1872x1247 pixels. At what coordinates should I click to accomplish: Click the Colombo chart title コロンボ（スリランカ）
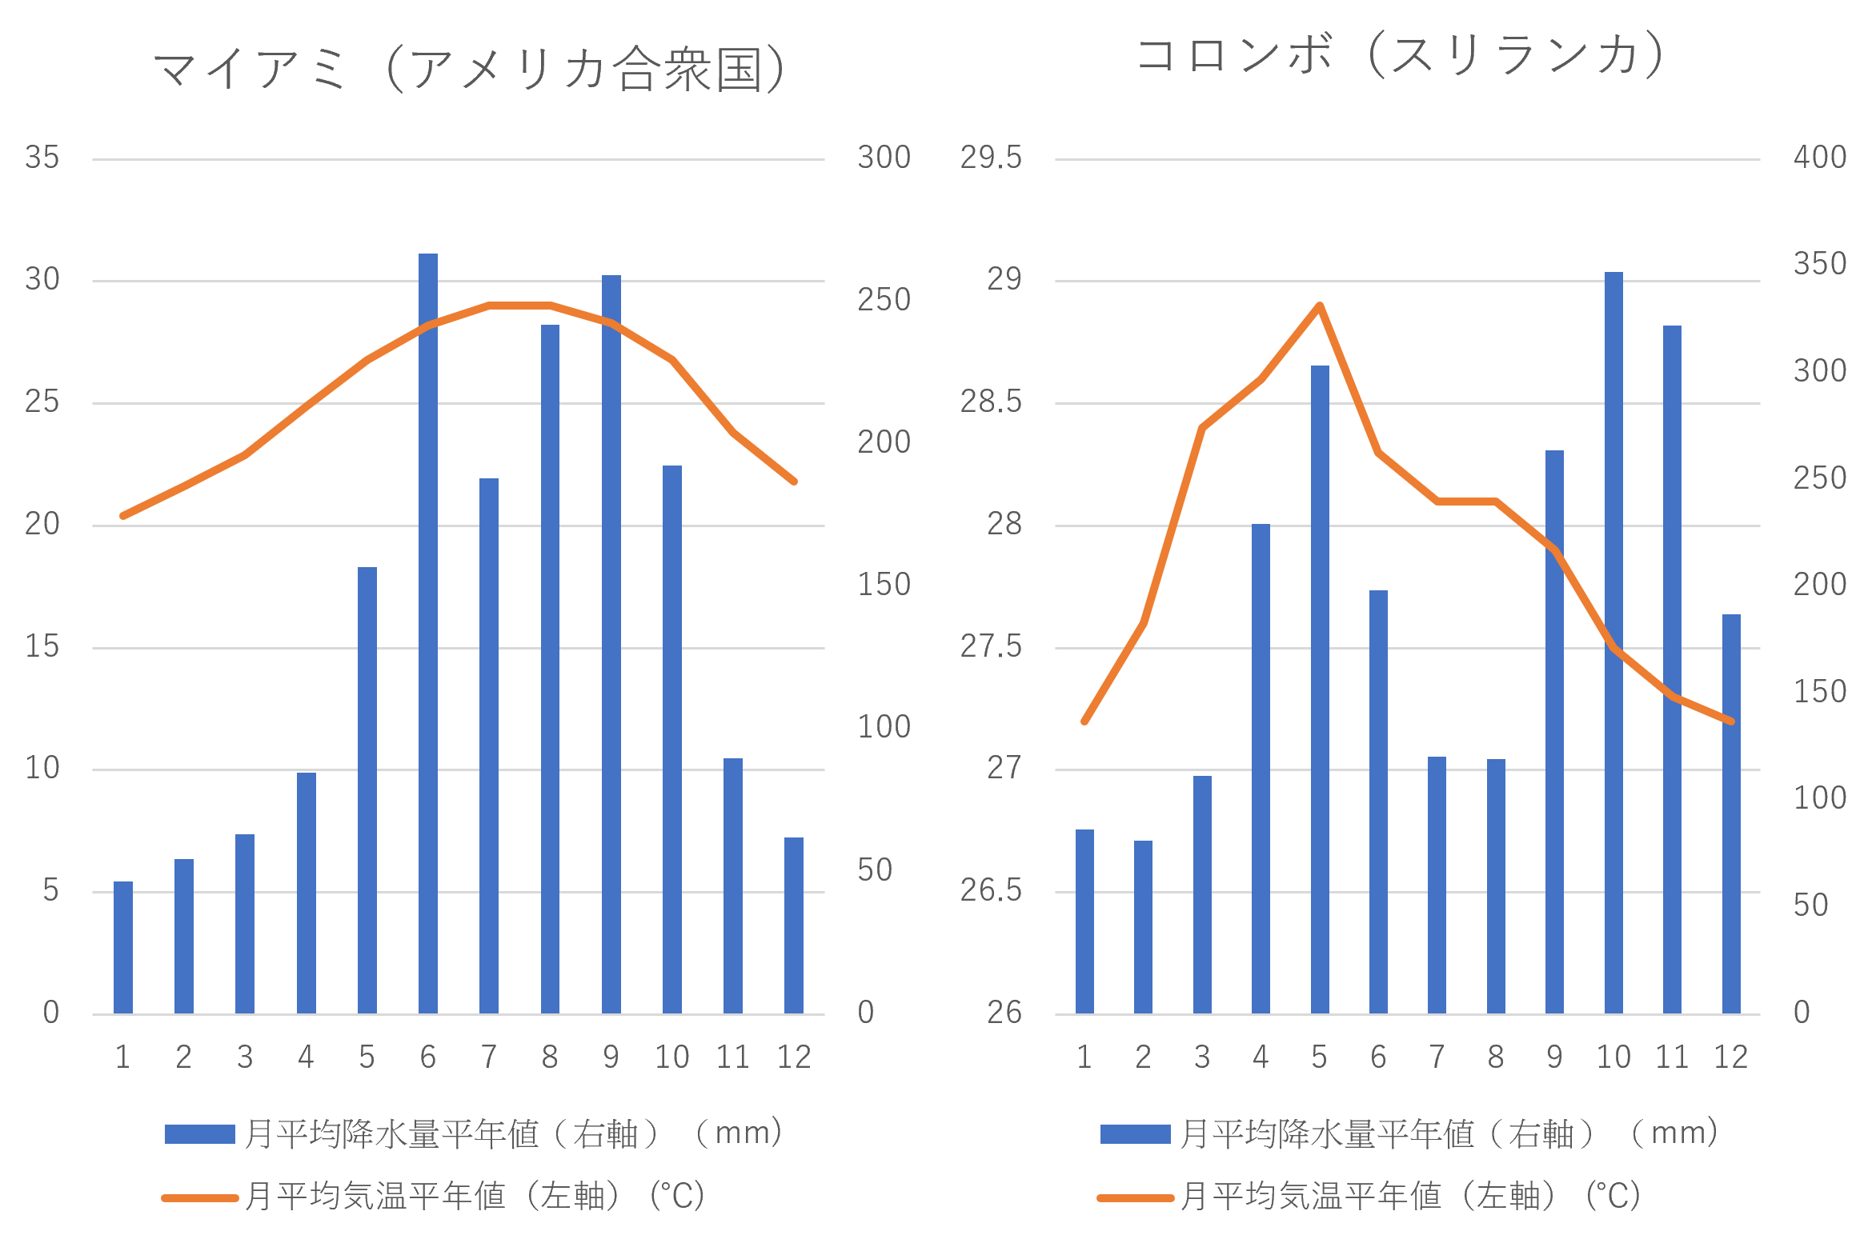pyautogui.click(x=1401, y=55)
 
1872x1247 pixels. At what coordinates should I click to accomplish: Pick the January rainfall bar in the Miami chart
pyautogui.click(x=123, y=948)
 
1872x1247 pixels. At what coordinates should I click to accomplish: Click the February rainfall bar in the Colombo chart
pyautogui.click(x=1143, y=927)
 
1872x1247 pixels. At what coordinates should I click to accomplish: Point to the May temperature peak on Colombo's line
pyautogui.click(x=1320, y=305)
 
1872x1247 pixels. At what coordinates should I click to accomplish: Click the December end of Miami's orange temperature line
pyautogui.click(x=794, y=482)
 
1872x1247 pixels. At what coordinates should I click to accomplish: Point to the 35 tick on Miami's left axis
pyautogui.click(x=42, y=158)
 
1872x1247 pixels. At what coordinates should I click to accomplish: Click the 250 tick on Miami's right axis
pyautogui.click(x=884, y=300)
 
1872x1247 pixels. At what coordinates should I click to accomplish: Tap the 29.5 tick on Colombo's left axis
pyautogui.click(x=991, y=158)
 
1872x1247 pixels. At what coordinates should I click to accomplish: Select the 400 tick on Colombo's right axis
pyautogui.click(x=1819, y=157)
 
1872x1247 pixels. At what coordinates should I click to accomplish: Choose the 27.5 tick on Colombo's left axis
pyautogui.click(x=991, y=646)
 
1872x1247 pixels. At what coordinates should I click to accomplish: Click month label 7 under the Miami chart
pyautogui.click(x=489, y=1057)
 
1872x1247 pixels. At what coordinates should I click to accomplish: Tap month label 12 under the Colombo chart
pyautogui.click(x=1730, y=1057)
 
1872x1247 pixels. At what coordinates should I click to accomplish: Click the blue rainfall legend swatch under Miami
pyautogui.click(x=199, y=1134)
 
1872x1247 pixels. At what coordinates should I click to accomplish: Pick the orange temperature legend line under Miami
pyautogui.click(x=199, y=1198)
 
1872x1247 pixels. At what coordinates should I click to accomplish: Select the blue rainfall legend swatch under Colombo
pyautogui.click(x=1135, y=1134)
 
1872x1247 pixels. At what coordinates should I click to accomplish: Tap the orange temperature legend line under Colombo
pyautogui.click(x=1135, y=1198)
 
